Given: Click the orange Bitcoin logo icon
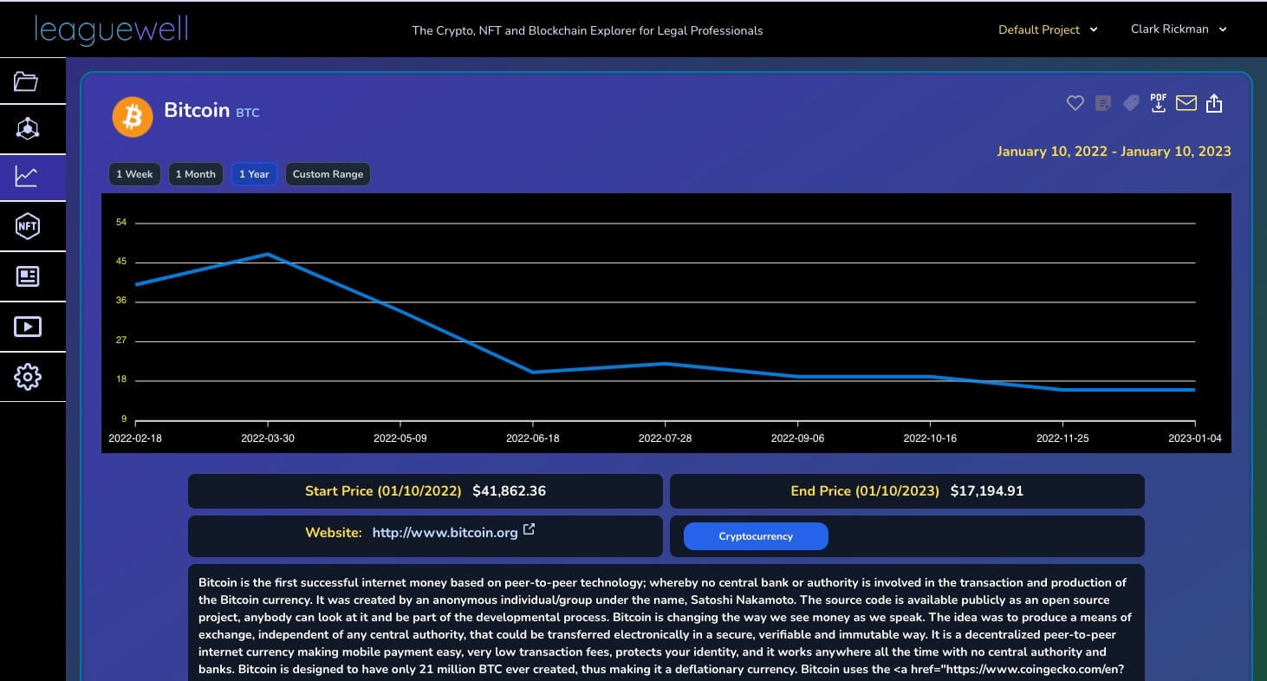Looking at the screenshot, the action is (x=133, y=116).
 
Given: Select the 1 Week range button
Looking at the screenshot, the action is (x=134, y=174).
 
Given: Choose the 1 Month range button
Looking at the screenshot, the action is (x=195, y=174).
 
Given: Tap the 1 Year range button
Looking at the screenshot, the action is (x=254, y=174).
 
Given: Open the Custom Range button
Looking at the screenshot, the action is (x=328, y=174).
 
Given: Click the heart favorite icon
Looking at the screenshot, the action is (x=1075, y=103).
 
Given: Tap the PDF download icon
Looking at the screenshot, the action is (x=1158, y=103).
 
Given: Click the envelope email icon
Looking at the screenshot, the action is (x=1186, y=103).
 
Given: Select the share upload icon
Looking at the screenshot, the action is (x=1214, y=103).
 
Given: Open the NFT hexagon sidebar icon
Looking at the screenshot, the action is (x=27, y=226).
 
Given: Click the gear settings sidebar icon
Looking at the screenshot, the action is (x=27, y=377).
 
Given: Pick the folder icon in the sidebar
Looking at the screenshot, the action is (x=26, y=81).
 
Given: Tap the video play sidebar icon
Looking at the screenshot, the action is (x=27, y=327).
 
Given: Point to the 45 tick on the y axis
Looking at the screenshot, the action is (x=121, y=262).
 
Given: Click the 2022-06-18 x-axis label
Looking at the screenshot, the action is (x=532, y=438).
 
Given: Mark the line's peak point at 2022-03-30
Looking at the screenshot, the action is (x=268, y=255).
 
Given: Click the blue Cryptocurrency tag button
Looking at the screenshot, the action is (x=756, y=536).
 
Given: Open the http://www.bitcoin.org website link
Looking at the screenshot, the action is (x=445, y=533).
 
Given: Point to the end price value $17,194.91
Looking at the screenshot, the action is (x=986, y=491).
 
